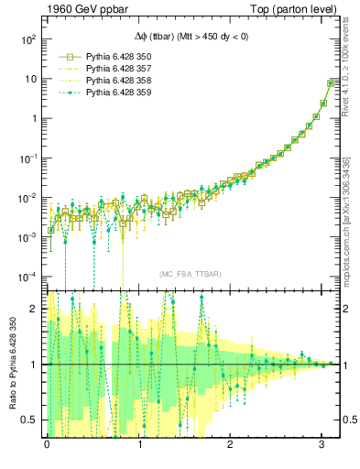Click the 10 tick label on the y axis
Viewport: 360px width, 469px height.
28,79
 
